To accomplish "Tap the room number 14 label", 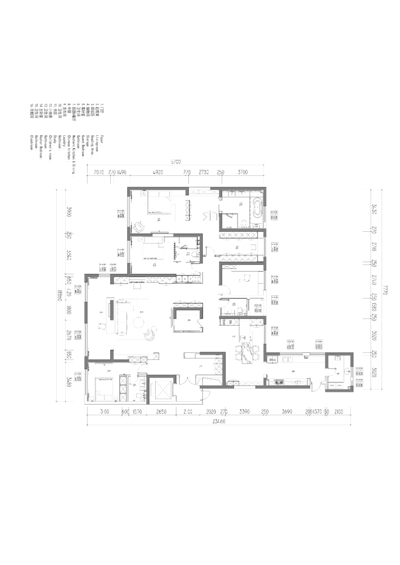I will pos(159,220).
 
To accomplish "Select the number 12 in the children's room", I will pos(154,265).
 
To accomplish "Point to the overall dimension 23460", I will pos(219,421).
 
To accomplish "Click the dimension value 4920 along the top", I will pos(158,172).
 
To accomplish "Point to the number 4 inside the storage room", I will pos(189,320).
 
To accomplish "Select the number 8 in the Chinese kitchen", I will pos(293,371).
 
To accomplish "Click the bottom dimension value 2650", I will pos(161,411).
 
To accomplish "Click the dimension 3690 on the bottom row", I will pos(287,411).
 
